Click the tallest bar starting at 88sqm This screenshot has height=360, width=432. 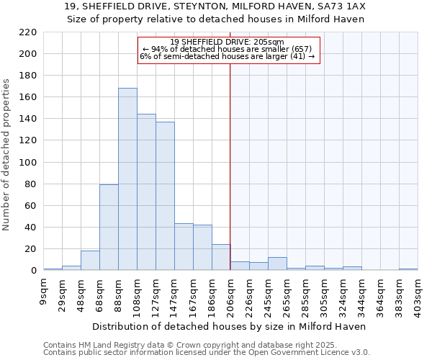[127, 179]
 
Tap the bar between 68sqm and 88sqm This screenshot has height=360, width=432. [109, 228]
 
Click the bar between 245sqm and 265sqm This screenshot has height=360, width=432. [277, 264]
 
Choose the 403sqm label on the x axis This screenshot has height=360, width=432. [418, 293]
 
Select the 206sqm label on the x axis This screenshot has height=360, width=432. [230, 293]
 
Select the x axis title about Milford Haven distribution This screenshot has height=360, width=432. [230, 326]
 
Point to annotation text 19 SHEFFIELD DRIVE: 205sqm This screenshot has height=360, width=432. [228, 42]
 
